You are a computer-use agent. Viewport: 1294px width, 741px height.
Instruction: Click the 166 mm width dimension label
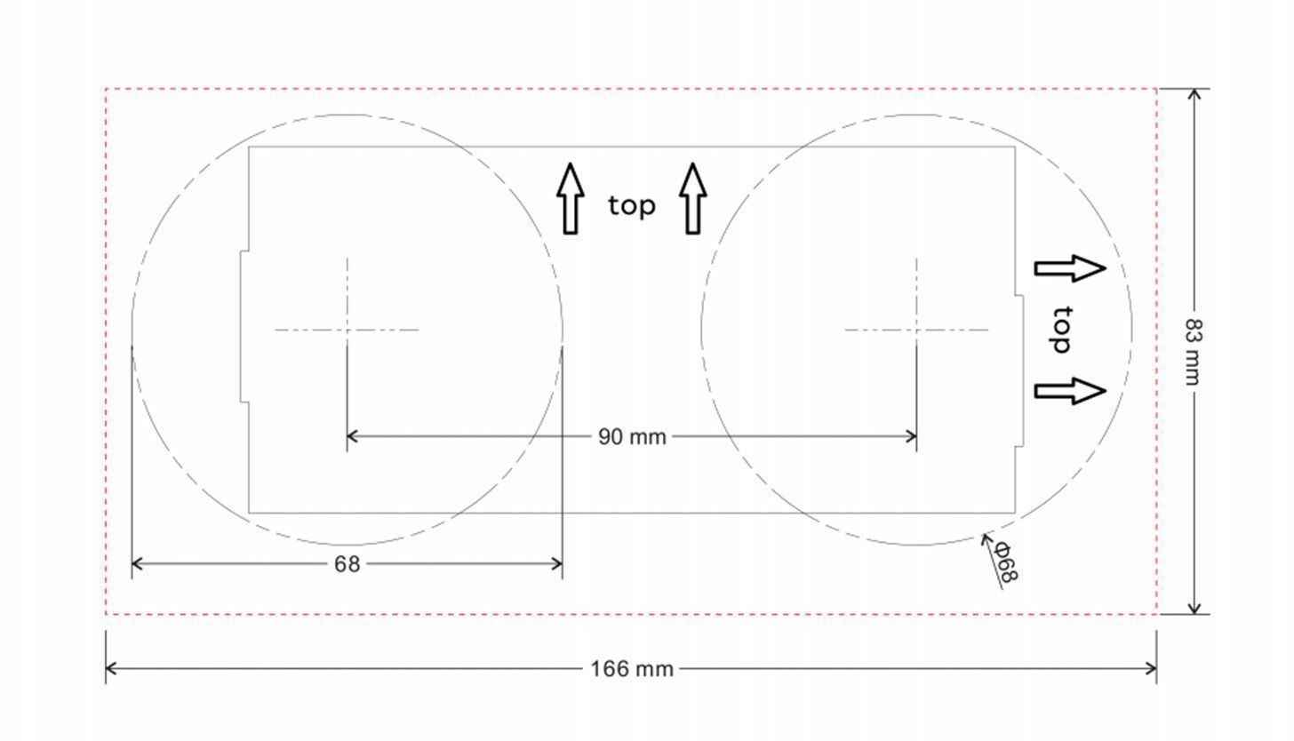click(631, 669)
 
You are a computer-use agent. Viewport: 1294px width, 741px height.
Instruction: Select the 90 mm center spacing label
click(632, 437)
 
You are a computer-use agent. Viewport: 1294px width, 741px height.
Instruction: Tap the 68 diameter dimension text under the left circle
click(347, 564)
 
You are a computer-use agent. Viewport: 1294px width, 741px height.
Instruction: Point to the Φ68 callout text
click(1006, 562)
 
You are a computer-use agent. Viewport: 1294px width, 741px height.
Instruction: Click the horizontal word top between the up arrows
click(631, 205)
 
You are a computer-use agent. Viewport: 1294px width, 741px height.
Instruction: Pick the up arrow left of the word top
click(571, 198)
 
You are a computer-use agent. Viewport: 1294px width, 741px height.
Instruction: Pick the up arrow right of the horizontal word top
click(692, 198)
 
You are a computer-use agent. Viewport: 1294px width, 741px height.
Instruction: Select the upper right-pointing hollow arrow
click(1070, 268)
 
